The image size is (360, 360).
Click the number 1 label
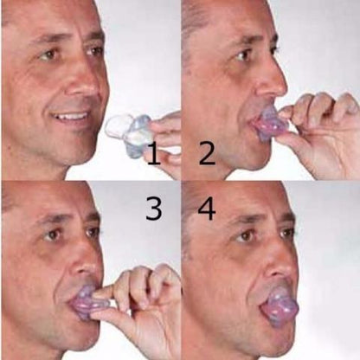[x=151, y=157]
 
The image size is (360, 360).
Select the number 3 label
[x=154, y=208]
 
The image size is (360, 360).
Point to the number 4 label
[x=206, y=209]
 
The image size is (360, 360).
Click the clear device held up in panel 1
[x=127, y=130]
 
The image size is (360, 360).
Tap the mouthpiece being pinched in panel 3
[x=87, y=303]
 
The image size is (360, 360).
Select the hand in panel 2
[x=320, y=130]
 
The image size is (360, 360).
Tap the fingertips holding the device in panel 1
[x=160, y=130]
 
